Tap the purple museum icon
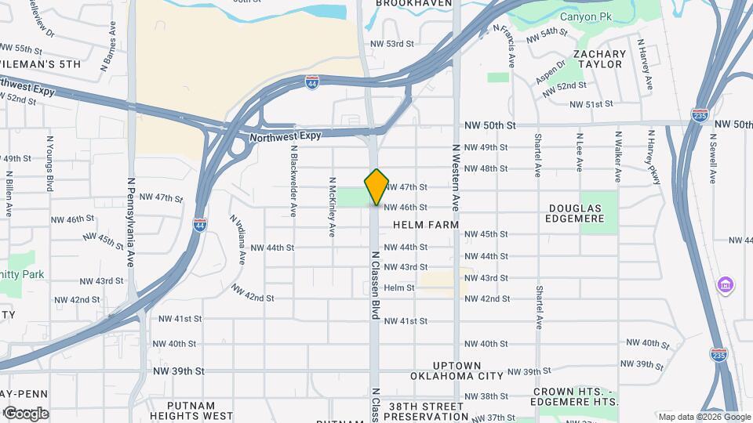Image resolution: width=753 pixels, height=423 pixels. click(x=726, y=284)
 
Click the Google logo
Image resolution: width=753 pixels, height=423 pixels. click(x=25, y=414)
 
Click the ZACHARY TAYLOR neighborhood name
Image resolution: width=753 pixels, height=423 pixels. click(x=599, y=60)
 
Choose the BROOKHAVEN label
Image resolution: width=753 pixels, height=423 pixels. click(x=414, y=4)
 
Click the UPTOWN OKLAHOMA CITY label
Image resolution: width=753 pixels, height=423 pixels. click(x=459, y=371)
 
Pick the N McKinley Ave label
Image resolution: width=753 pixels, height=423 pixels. click(x=333, y=207)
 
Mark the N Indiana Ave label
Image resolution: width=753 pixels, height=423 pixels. click(x=238, y=240)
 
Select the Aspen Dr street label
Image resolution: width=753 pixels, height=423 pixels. click(x=550, y=72)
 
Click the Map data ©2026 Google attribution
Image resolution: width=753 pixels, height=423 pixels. click(x=703, y=417)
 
